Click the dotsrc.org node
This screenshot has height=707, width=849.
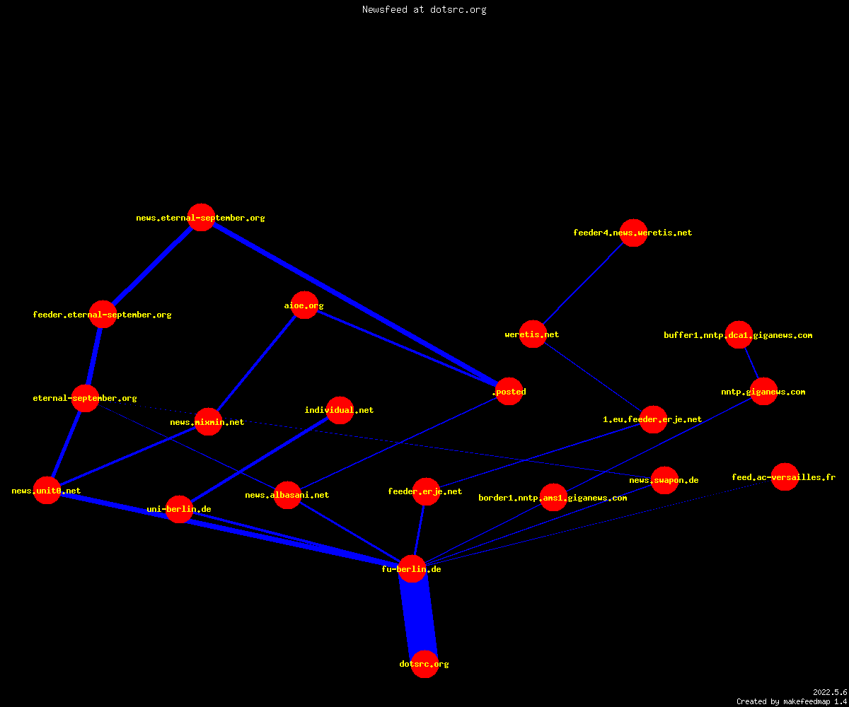[424, 664]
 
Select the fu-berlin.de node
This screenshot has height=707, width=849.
[412, 569]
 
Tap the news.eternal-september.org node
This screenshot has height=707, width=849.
[201, 217]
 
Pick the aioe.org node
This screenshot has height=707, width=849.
[304, 305]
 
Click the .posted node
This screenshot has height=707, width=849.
[509, 391]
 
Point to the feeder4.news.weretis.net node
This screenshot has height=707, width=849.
[633, 233]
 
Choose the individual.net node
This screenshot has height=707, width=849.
[340, 410]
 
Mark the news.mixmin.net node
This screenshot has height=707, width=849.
[208, 422]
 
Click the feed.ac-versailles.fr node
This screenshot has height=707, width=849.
[785, 477]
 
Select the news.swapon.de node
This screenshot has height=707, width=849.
[665, 480]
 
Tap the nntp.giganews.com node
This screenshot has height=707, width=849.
[764, 391]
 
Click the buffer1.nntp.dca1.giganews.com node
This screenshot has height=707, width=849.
[739, 335]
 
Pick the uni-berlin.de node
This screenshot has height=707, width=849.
[179, 509]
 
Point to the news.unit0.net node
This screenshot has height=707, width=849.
[47, 491]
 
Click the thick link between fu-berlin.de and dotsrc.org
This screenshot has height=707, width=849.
[418, 617]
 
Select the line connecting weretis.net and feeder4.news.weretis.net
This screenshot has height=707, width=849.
[583, 284]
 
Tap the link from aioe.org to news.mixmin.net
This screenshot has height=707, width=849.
[256, 363]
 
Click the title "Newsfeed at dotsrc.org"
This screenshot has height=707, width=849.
[424, 9]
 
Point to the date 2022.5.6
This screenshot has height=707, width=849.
[830, 692]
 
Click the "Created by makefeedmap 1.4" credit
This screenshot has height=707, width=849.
[792, 701]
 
